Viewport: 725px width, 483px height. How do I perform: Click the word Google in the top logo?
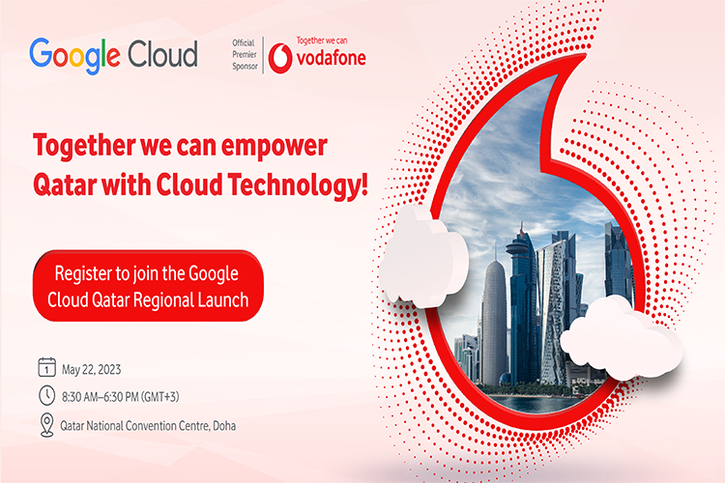[74, 56]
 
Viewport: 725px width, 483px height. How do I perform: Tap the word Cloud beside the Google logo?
[162, 54]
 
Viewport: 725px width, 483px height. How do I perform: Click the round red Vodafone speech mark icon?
[280, 58]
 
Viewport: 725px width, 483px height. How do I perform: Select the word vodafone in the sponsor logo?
[331, 58]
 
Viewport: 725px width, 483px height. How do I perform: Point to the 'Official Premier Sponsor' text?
[245, 54]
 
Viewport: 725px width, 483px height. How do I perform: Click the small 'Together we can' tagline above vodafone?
[322, 41]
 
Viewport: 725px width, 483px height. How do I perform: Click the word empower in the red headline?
[275, 147]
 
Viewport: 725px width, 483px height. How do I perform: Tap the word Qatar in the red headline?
[65, 185]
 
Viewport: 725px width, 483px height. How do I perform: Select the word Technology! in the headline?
[299, 185]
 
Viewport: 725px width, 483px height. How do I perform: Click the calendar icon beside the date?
[46, 367]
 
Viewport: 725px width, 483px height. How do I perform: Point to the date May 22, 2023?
[92, 370]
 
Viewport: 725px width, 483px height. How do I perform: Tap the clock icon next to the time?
[46, 396]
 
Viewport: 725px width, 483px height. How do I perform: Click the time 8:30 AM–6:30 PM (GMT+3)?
[120, 397]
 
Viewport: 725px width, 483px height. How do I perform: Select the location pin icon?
[46, 425]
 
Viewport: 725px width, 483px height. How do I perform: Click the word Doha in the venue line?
[224, 426]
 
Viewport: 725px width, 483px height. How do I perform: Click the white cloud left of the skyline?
[423, 258]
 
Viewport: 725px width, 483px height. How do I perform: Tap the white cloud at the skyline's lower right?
[622, 338]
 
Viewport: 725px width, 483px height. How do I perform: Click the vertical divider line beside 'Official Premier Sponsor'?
[263, 55]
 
